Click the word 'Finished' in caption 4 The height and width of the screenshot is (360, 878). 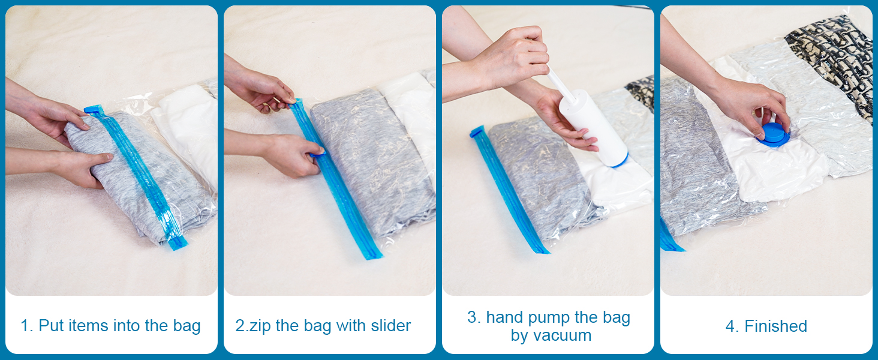[x=775, y=326]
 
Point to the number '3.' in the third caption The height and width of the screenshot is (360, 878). [x=474, y=317]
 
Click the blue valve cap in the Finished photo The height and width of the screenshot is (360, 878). [x=773, y=134]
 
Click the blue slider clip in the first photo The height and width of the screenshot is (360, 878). [x=94, y=110]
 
